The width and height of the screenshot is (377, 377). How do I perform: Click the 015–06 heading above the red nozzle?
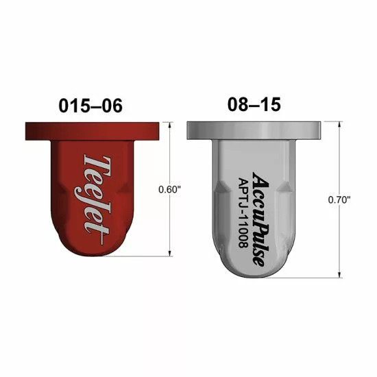(90, 106)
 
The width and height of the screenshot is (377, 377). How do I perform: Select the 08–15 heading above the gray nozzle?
(254, 104)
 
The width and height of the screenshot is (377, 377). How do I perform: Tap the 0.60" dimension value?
(169, 190)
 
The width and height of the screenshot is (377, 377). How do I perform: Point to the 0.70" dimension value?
(339, 199)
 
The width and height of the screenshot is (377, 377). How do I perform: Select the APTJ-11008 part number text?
(243, 212)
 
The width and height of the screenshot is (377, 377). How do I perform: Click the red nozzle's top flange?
(92, 132)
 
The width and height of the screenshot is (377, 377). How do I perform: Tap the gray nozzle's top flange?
(254, 130)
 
